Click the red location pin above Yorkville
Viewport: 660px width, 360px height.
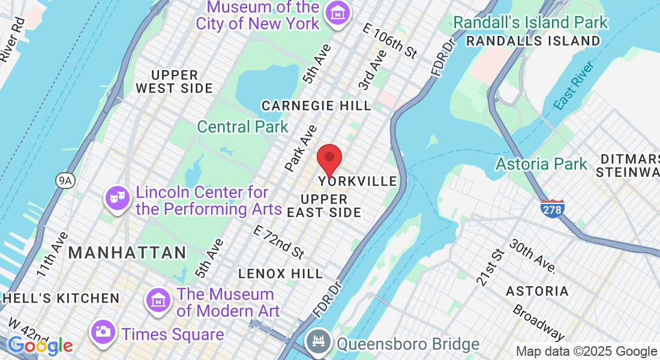point(329,158)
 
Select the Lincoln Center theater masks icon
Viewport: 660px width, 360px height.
point(118,197)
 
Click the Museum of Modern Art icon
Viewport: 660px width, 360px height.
point(158,299)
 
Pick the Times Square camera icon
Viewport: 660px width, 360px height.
point(103,331)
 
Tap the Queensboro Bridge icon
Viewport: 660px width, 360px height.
point(316,343)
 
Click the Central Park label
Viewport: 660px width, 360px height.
point(242,127)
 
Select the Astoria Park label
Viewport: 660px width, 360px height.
point(541,163)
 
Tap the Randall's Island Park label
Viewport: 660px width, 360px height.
point(530,23)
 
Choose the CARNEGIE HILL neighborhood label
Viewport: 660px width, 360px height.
point(316,106)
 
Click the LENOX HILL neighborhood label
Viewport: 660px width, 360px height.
point(280,274)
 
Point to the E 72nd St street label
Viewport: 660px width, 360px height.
point(278,242)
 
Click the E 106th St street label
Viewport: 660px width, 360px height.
point(390,40)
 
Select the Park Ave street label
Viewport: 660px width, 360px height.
point(301,147)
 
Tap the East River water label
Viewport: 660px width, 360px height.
point(575,85)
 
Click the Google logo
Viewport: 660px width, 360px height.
point(40,346)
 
